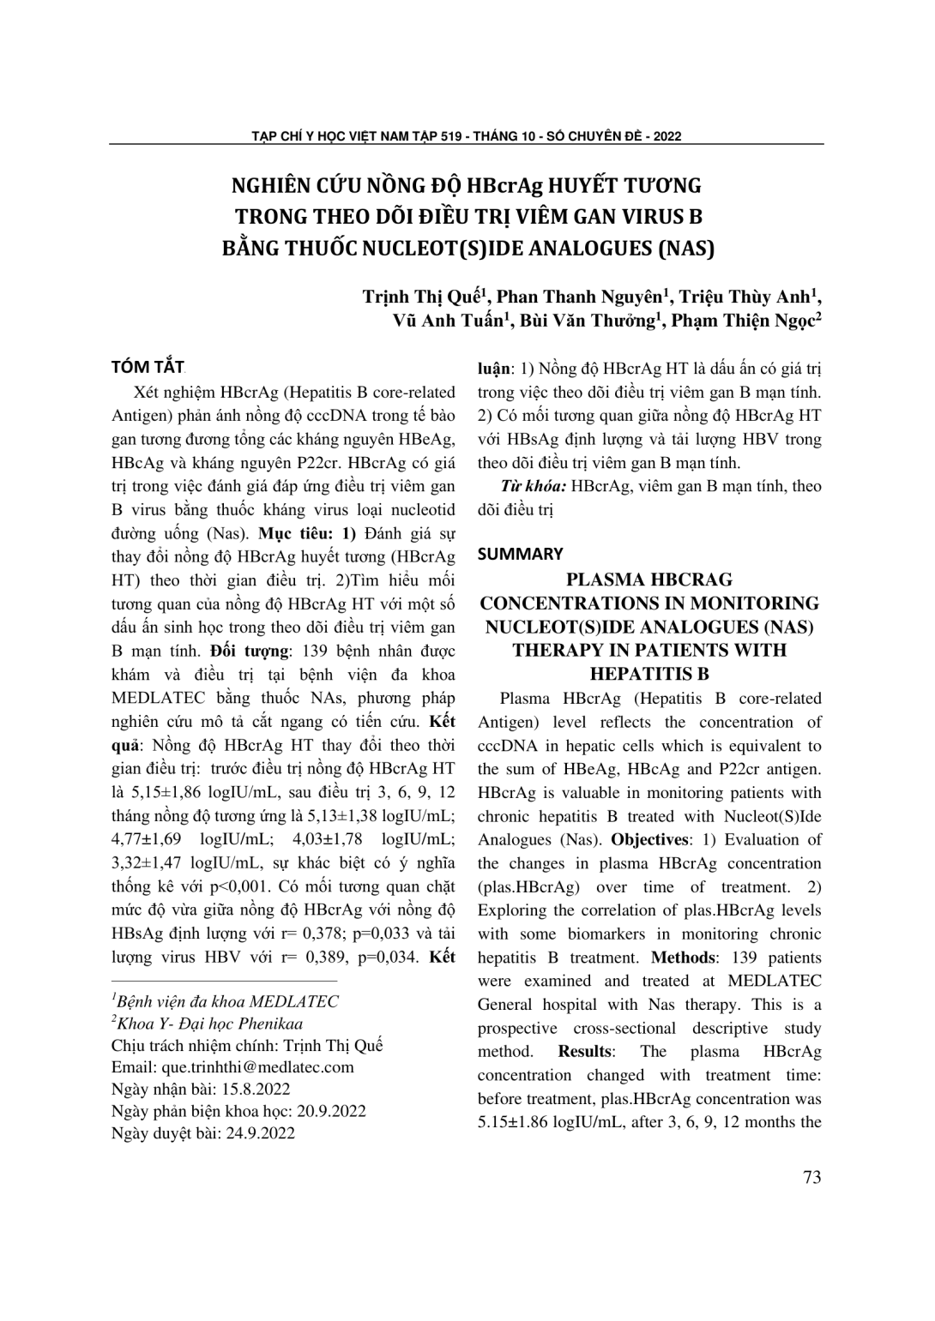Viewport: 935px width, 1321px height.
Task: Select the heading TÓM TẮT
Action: [148, 368]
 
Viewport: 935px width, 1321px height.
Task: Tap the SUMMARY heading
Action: [520, 554]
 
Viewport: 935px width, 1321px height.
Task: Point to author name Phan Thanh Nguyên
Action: [582, 297]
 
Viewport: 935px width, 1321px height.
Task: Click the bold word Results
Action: [586, 1051]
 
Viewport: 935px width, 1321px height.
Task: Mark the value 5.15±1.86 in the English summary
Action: [516, 1122]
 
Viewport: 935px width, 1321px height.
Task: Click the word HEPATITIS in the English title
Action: [648, 674]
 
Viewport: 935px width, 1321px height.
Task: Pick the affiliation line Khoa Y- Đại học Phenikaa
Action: [208, 1023]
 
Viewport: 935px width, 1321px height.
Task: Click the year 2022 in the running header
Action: [666, 135]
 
